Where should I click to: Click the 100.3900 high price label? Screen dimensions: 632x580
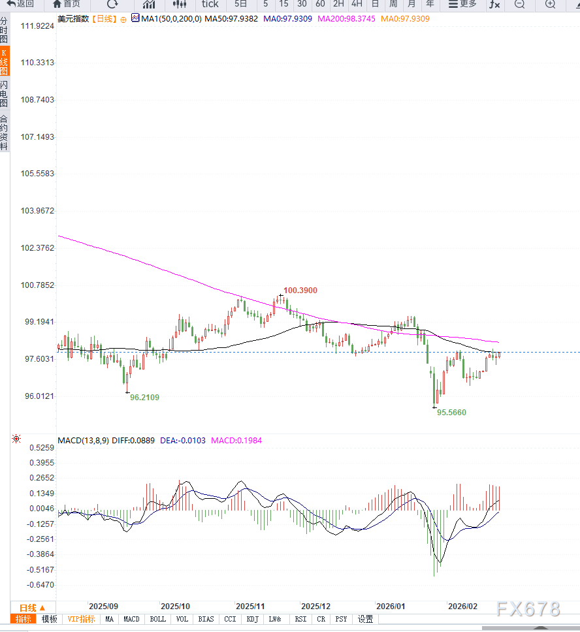300,290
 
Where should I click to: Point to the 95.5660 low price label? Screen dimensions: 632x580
452,413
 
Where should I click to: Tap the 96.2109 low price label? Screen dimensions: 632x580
144,397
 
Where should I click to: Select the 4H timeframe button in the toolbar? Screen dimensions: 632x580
357,4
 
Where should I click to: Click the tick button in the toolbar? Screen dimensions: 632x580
210,4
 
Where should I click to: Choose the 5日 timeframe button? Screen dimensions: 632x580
241,4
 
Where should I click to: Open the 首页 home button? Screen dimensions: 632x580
67,4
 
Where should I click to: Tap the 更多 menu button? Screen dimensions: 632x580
462,4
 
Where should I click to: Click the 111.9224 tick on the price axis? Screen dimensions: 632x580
37,26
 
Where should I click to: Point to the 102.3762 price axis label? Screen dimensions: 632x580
37,248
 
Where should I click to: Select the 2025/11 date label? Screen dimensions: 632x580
250,606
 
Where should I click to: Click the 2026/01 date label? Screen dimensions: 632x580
390,606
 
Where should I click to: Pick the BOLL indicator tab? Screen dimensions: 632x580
157,619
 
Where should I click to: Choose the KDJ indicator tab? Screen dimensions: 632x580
252,619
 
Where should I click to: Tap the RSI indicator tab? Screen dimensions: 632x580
300,619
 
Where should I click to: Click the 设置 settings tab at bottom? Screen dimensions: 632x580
365,619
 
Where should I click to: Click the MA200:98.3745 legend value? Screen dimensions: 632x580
346,18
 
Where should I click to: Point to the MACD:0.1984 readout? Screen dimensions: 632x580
236,441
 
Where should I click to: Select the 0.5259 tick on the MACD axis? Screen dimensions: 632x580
42,448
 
